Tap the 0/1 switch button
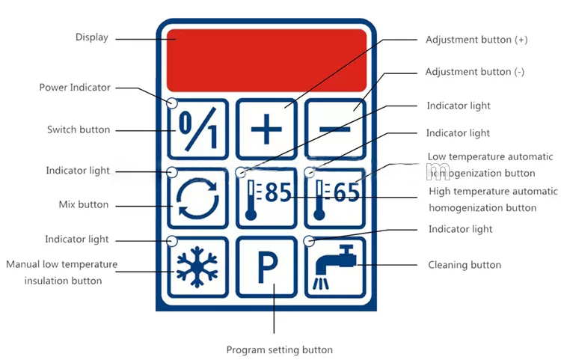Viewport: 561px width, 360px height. pos(197,128)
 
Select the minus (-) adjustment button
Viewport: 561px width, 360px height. pos(334,128)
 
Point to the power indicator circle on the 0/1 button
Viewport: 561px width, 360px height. pos(172,103)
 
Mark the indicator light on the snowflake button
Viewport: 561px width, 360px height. pos(172,241)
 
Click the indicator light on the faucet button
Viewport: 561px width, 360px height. pos(309,241)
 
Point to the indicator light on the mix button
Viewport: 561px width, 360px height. pos(172,172)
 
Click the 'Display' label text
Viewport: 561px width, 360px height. pos(92,37)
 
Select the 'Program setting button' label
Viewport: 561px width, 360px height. pos(279,350)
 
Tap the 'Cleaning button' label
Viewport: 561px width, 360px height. pos(464,265)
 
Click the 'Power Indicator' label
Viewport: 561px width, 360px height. pos(75,88)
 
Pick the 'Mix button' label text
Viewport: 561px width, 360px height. pos(84,204)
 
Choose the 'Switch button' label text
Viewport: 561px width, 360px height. pos(79,129)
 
